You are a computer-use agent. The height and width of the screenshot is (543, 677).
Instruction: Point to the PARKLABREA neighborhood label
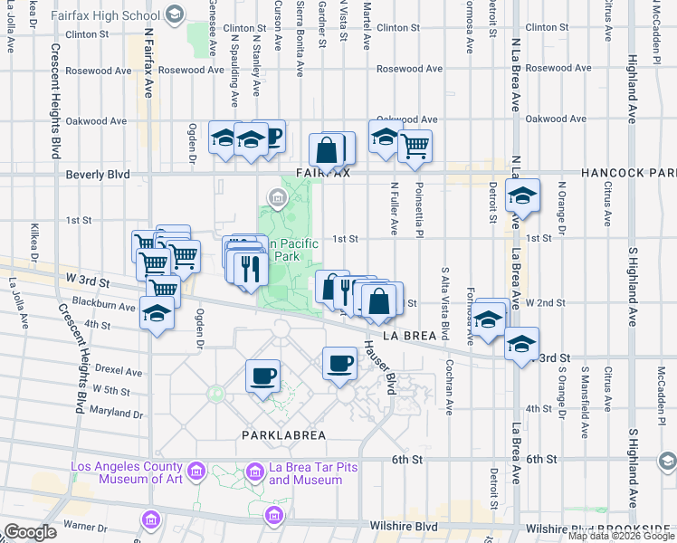click(282, 434)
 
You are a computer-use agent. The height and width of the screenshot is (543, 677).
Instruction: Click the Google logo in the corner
click(29, 532)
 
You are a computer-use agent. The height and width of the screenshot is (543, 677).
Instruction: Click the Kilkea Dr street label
click(35, 243)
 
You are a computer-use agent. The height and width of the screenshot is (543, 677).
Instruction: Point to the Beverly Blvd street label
click(97, 174)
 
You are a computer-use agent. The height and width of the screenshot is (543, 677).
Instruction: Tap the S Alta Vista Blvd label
click(445, 299)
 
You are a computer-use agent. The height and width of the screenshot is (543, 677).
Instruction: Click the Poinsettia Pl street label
click(418, 207)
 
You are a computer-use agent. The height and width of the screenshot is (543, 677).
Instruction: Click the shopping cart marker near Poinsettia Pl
click(415, 144)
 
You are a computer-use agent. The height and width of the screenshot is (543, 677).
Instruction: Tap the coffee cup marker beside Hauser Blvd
click(339, 363)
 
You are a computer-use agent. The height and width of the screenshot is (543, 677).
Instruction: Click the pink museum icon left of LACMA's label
click(195, 471)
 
